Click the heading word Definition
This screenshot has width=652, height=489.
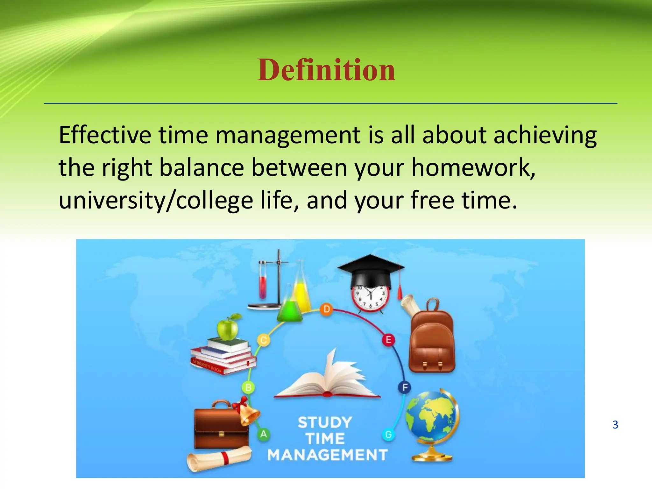(x=326, y=70)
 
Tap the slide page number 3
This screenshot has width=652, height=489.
(x=615, y=425)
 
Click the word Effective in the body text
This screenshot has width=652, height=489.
(x=105, y=135)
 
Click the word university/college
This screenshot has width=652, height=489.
(x=156, y=201)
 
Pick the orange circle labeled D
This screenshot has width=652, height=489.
(x=326, y=309)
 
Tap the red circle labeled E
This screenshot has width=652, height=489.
(x=388, y=340)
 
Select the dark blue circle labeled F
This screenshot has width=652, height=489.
(x=405, y=387)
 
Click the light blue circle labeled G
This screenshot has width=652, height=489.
(x=388, y=435)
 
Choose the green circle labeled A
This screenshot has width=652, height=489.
(x=264, y=434)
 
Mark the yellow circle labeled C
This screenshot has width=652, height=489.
(x=264, y=340)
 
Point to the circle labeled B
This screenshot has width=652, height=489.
(x=248, y=387)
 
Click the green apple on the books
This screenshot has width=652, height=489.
(x=227, y=328)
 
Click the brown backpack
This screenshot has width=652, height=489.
(x=432, y=342)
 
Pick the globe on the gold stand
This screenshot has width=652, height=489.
(x=432, y=417)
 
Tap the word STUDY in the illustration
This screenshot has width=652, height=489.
(x=325, y=423)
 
